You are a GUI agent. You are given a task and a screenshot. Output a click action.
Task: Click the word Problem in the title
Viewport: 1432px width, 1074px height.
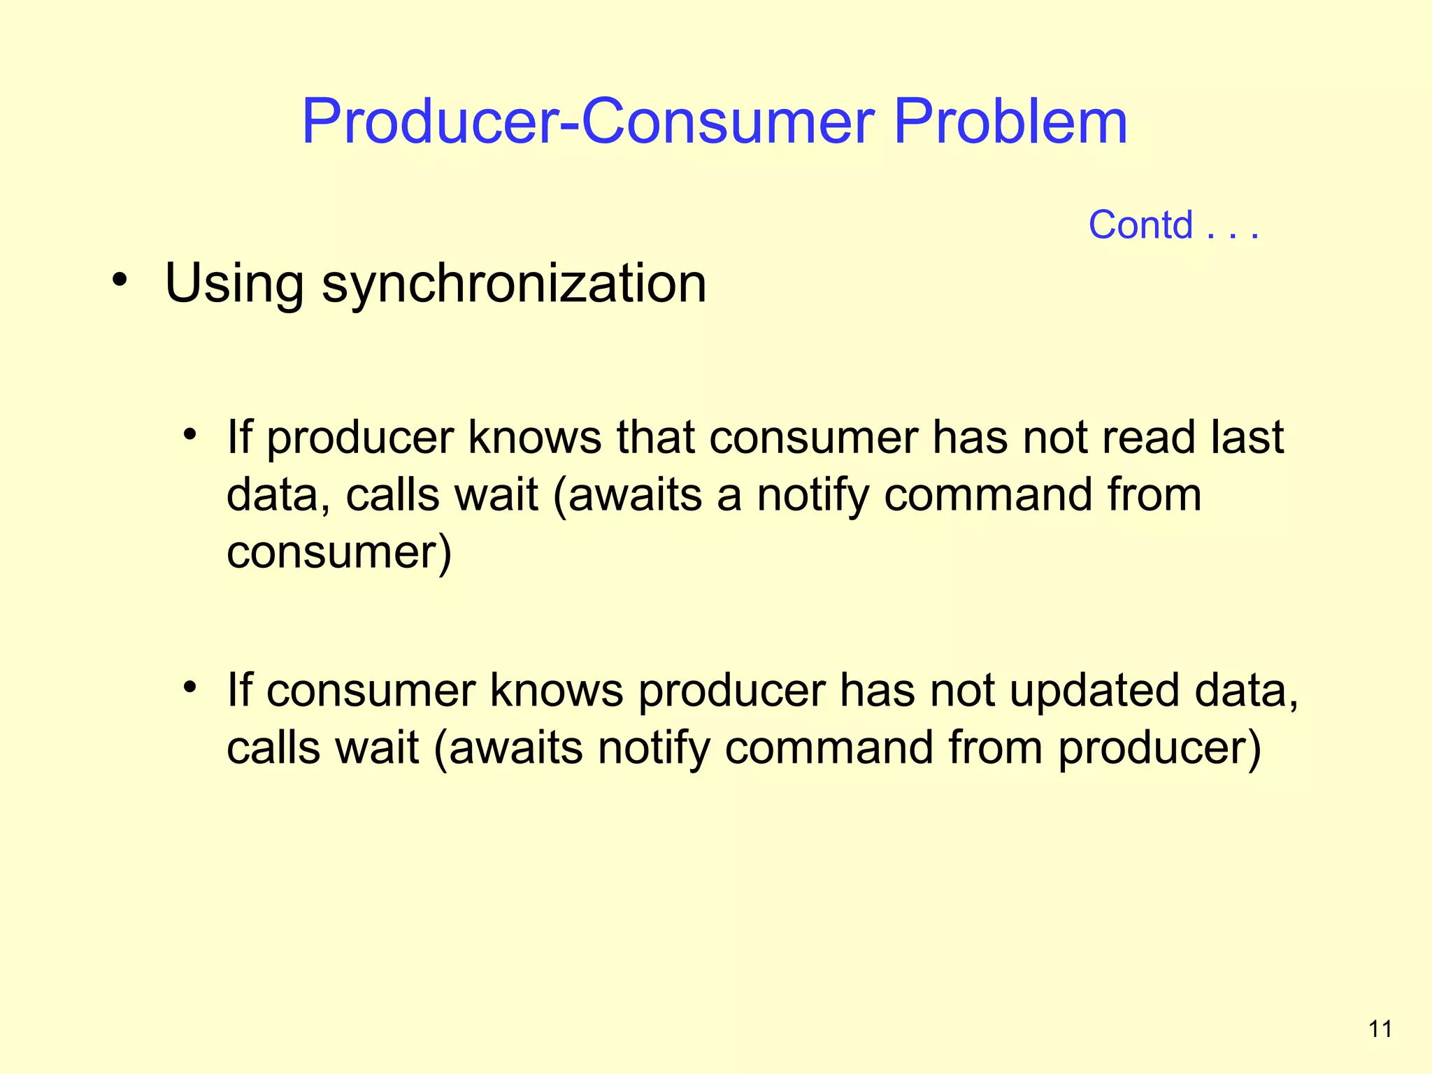(x=1010, y=122)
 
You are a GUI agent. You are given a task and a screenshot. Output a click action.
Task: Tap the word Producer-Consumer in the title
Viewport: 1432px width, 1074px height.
(x=587, y=122)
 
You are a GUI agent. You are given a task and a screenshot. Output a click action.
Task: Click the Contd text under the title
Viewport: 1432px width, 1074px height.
(x=1140, y=225)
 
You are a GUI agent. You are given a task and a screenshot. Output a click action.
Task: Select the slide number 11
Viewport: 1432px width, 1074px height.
(x=1380, y=1029)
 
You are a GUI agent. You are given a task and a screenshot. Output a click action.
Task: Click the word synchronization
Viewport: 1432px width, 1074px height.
(x=514, y=284)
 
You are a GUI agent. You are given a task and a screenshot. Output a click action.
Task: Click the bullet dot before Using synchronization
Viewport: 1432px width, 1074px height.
(x=120, y=279)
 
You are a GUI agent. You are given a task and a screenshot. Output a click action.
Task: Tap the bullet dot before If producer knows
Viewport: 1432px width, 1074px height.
(x=189, y=434)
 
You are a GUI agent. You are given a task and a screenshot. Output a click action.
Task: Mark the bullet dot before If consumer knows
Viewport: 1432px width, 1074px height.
(x=189, y=687)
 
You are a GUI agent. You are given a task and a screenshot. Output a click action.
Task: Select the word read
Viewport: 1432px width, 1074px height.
(x=1147, y=438)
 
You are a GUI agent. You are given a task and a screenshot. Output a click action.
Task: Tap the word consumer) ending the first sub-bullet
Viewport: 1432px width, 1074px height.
(x=339, y=552)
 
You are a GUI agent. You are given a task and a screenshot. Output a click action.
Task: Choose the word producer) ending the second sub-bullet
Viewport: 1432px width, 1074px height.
(x=1159, y=748)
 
